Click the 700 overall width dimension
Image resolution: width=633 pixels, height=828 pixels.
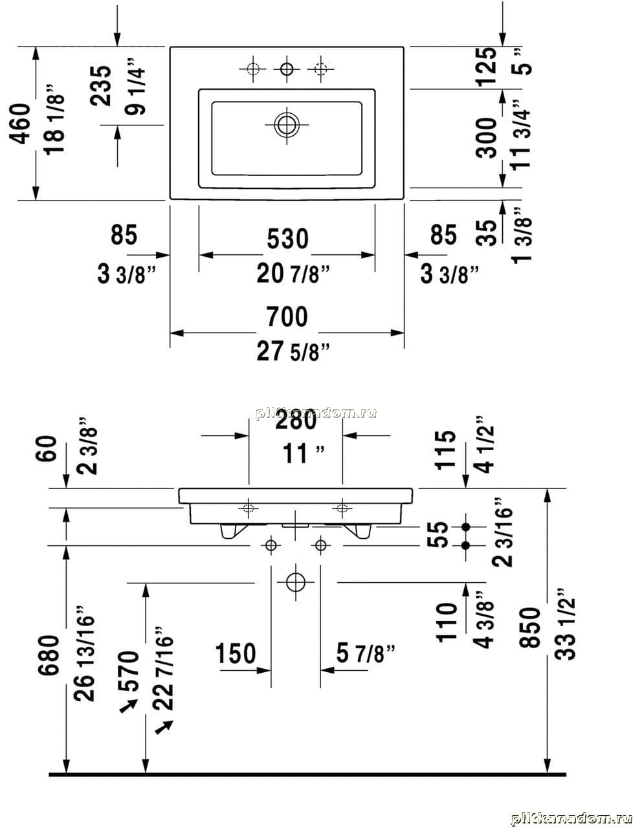pos(287,317)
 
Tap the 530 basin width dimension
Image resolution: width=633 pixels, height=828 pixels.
pos(287,239)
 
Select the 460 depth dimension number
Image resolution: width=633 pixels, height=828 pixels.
pos(21,124)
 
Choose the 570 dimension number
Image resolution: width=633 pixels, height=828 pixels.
pos(129,671)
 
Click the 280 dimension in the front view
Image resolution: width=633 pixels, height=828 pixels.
pos(296,420)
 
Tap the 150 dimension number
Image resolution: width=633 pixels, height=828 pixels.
pos(236,653)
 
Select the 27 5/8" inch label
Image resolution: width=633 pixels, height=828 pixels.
pos(293,351)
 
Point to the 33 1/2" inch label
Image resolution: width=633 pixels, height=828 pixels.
pos(566,624)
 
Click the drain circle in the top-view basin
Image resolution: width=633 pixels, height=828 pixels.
pos(287,124)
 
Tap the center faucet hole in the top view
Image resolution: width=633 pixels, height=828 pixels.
pos(286,67)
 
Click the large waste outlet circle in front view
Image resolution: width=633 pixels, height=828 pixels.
pos(295,581)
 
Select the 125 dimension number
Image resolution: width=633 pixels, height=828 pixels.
pos(486,65)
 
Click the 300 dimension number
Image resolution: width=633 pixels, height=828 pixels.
pos(486,137)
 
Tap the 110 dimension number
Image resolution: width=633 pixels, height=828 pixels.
pos(447,622)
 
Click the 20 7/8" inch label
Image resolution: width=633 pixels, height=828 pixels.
pos(293,274)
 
